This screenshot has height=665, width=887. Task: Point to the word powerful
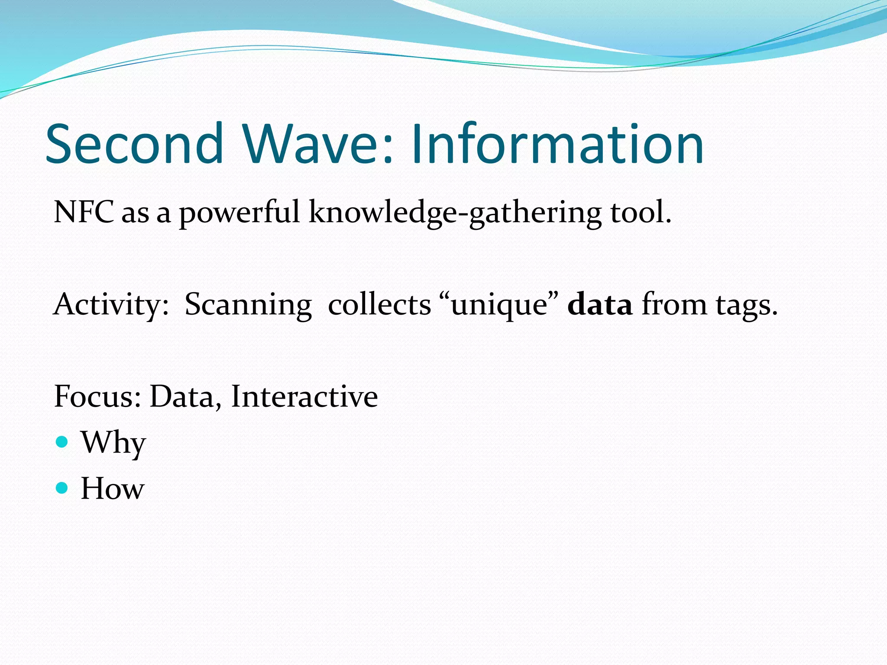click(x=240, y=213)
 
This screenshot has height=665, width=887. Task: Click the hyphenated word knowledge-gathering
click(x=454, y=213)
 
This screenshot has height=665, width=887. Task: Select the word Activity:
click(x=111, y=305)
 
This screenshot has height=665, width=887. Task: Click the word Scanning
click(x=248, y=305)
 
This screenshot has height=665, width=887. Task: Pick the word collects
click(x=379, y=304)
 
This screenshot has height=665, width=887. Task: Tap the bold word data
click(x=599, y=304)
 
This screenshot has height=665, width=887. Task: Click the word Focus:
click(x=97, y=396)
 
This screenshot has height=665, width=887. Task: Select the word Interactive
click(x=304, y=396)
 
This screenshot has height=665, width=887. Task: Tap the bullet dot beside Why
click(x=62, y=442)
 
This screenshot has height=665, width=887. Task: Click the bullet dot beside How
click(x=62, y=488)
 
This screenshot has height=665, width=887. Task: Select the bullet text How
click(x=112, y=488)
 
